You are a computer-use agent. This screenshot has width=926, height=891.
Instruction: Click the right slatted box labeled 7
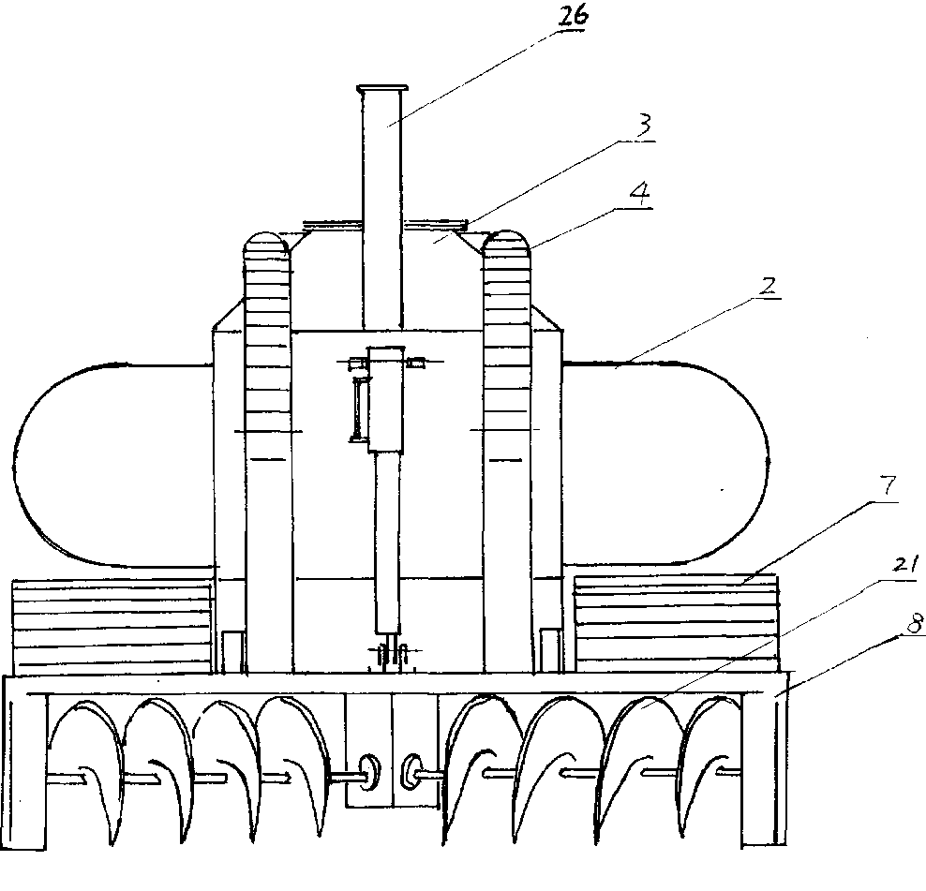(675, 623)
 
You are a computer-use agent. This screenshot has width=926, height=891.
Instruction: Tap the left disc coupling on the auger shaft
(367, 771)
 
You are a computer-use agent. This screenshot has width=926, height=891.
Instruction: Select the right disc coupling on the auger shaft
(413, 771)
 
